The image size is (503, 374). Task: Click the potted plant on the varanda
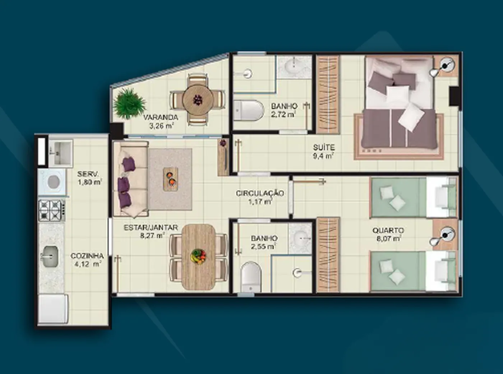pyautogui.click(x=129, y=103)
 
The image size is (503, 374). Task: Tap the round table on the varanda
pyautogui.click(x=198, y=100)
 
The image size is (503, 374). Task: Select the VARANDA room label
pyautogui.click(x=160, y=117)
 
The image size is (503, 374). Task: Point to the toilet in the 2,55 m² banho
pyautogui.click(x=251, y=276)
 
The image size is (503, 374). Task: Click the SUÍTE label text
pyautogui.click(x=324, y=148)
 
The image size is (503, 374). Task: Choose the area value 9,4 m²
pyautogui.click(x=323, y=156)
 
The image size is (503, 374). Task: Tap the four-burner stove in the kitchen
pyautogui.click(x=52, y=210)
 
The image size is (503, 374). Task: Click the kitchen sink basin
pyautogui.click(x=50, y=257)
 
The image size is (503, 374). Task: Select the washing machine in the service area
pyautogui.click(x=52, y=181)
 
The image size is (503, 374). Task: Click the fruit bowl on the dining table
pyautogui.click(x=199, y=257)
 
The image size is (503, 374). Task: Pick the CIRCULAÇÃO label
pyautogui.click(x=260, y=193)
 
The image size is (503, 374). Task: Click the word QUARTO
pyautogui.click(x=388, y=230)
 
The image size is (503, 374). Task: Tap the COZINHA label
pyautogui.click(x=87, y=256)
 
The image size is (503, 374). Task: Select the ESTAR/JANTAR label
pyautogui.click(x=151, y=227)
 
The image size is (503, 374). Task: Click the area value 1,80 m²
pyautogui.click(x=90, y=182)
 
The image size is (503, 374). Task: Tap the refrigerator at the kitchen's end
pyautogui.click(x=53, y=308)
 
